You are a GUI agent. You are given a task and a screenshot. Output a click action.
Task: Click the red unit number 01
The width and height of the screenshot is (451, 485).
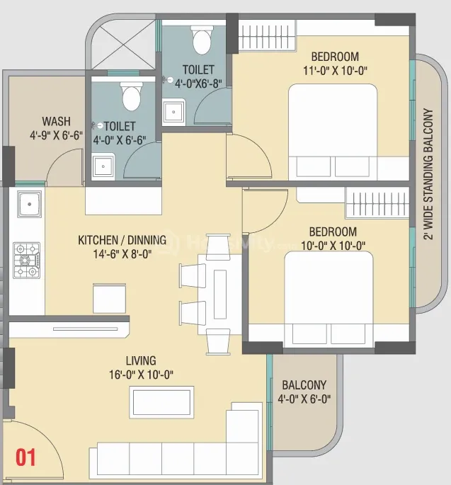(x=25, y=457)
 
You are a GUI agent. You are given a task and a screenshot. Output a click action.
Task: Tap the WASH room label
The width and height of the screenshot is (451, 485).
(x=57, y=121)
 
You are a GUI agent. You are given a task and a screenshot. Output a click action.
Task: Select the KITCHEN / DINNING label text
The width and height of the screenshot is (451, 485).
(x=122, y=240)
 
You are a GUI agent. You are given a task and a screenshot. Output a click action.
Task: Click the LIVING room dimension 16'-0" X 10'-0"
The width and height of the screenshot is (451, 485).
(x=141, y=375)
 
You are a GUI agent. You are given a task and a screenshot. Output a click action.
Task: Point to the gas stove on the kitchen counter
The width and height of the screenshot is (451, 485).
(x=27, y=260)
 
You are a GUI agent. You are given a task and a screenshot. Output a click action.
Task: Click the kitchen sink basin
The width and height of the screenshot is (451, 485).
(x=30, y=204)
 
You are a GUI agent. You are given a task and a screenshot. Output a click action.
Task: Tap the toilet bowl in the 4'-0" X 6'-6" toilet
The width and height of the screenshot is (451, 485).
(x=132, y=96)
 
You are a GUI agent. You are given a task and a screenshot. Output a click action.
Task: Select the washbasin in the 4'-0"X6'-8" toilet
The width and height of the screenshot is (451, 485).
(x=174, y=112)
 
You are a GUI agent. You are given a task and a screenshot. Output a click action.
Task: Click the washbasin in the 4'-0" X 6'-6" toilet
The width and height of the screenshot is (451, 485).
(x=103, y=166)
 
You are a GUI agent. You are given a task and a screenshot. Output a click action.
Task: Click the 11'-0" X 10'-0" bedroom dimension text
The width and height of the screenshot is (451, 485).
(x=335, y=71)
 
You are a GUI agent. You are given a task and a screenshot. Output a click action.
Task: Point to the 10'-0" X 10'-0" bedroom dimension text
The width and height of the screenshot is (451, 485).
(x=333, y=246)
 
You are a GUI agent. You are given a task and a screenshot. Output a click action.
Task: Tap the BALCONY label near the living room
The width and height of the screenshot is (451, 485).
(x=304, y=385)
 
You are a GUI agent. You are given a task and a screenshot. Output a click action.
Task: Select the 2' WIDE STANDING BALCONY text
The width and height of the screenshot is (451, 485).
(x=428, y=174)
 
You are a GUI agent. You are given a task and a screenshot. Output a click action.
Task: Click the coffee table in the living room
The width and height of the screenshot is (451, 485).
(x=161, y=402)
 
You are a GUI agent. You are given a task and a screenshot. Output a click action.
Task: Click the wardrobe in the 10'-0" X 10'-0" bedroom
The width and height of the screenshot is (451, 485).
(x=377, y=203)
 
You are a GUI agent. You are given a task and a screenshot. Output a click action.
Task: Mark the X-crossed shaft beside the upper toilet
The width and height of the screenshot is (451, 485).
(x=123, y=44)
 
